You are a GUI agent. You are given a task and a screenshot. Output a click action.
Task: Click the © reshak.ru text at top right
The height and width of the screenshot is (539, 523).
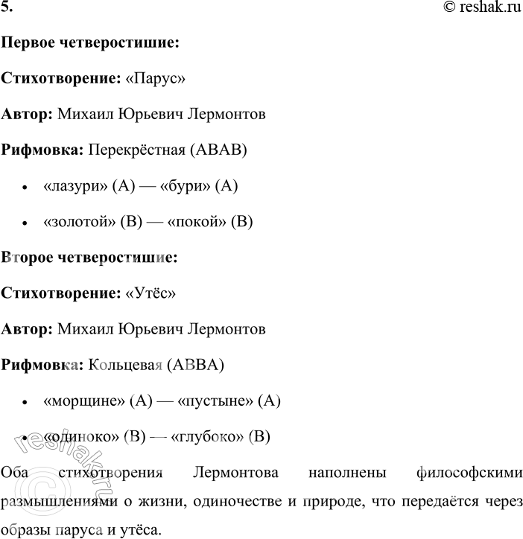pyautogui.click(x=481, y=9)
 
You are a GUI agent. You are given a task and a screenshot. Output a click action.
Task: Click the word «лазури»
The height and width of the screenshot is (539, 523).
pyautogui.click(x=75, y=186)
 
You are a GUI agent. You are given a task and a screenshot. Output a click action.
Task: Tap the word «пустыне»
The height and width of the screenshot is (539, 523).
pyautogui.click(x=217, y=401)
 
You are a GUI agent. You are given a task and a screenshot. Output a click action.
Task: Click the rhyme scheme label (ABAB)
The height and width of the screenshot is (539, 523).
pyautogui.click(x=218, y=150)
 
